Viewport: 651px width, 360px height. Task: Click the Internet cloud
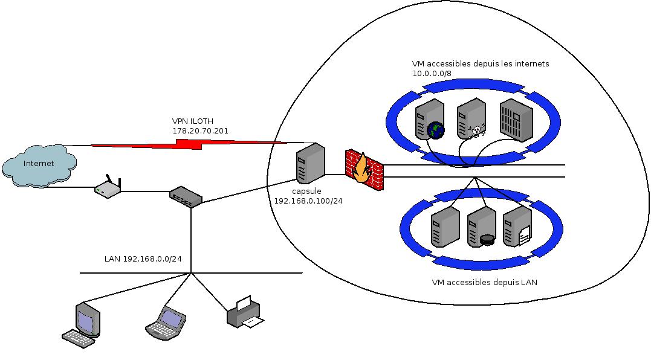pos(39,166)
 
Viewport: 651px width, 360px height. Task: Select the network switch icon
pos(186,196)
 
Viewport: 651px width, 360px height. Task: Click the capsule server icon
pos(311,164)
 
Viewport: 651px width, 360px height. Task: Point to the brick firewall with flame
pos(364,170)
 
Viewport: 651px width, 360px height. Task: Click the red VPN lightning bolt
pos(189,144)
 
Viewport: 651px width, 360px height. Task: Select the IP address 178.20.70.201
pos(201,131)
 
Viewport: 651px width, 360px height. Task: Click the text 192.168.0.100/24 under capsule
pos(308,201)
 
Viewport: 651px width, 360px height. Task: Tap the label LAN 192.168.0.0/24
pos(143,259)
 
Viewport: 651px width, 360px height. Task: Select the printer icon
pos(245,312)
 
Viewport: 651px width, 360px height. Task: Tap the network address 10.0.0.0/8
pos(432,74)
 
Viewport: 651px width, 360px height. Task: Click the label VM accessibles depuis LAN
pos(485,283)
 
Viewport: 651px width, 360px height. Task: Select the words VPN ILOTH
pos(193,121)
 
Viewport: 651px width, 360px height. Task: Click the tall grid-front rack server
pos(516,121)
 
